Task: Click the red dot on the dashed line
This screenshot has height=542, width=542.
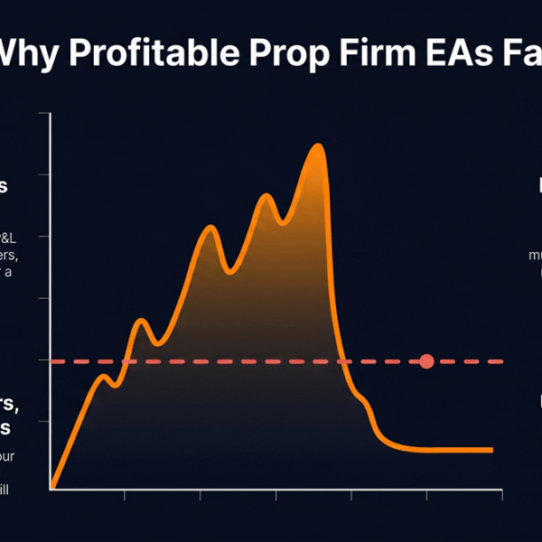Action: [x=427, y=361]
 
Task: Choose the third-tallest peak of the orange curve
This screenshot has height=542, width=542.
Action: [x=210, y=227]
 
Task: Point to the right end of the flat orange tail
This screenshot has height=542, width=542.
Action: [x=492, y=449]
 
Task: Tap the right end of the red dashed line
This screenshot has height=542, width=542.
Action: [x=502, y=361]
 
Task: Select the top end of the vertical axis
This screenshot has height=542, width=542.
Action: [x=51, y=112]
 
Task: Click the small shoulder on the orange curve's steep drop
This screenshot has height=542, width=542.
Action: [x=360, y=397]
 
